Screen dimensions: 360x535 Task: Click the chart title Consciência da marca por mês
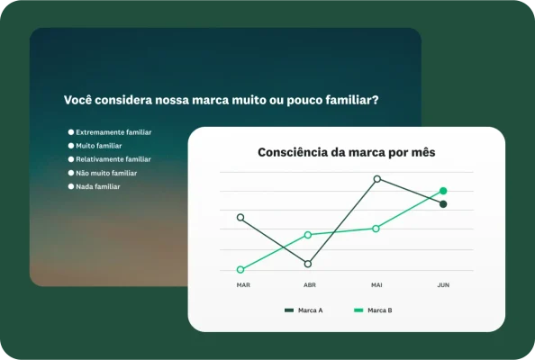click(346, 153)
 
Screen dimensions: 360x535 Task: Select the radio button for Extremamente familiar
click(71, 132)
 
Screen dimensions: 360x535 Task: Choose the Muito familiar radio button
click(71, 146)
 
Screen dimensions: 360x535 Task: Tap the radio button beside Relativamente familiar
click(71, 159)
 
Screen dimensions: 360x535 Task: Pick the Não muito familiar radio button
click(71, 173)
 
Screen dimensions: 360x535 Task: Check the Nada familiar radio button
click(71, 186)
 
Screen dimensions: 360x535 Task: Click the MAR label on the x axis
click(243, 285)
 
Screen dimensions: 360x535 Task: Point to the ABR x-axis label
click(309, 285)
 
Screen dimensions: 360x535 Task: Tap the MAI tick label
click(376, 285)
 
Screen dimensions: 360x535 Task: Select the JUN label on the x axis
click(443, 285)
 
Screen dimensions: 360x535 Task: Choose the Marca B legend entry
click(373, 310)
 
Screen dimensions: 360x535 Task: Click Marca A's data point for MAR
click(240, 217)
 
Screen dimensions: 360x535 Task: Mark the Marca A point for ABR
click(308, 264)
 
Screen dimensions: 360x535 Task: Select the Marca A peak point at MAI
click(376, 179)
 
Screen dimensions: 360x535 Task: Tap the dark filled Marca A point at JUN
click(443, 204)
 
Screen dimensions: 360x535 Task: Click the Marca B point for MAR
click(240, 269)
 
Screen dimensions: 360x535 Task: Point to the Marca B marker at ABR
click(308, 235)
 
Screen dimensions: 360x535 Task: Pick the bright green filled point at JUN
click(443, 191)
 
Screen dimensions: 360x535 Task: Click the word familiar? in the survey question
click(348, 101)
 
